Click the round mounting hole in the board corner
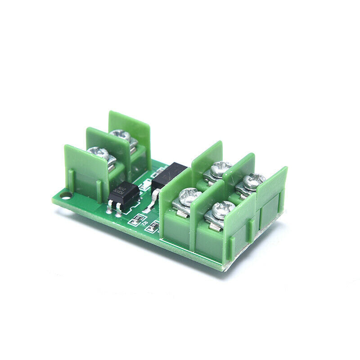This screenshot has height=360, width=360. (67, 195)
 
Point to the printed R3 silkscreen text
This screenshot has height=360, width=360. (144, 221)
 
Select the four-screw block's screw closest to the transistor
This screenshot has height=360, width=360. (189, 197)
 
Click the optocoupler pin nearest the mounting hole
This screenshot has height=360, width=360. (109, 207)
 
